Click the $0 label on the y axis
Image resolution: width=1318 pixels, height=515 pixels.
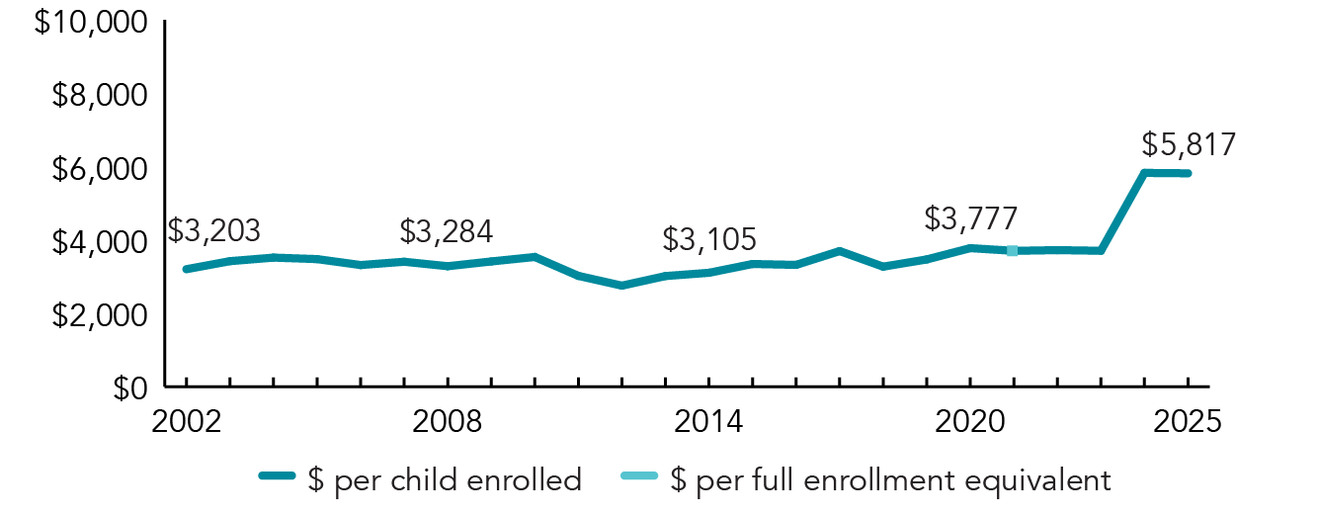click(126, 388)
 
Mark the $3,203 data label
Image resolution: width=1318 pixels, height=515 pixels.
click(213, 230)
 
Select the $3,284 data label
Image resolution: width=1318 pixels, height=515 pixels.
click(447, 231)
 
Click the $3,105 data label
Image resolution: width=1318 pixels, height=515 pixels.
click(709, 238)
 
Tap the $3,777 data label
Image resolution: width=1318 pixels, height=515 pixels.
click(971, 218)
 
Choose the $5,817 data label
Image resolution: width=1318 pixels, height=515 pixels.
click(1189, 145)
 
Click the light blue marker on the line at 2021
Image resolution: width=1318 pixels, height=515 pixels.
click(1013, 251)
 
